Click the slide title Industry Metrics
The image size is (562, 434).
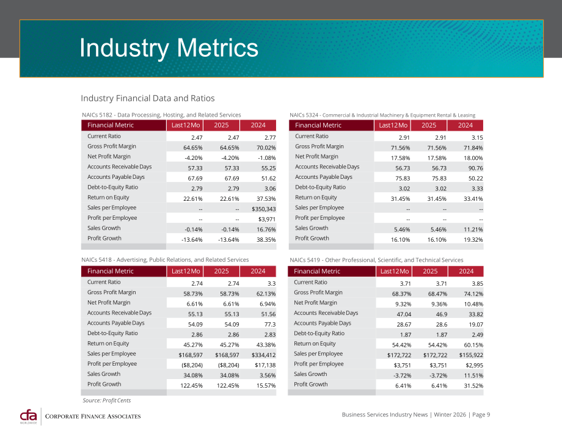point(169,48)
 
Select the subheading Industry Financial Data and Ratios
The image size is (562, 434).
point(148,98)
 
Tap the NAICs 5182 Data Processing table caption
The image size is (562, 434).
point(161,115)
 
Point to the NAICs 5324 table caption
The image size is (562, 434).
point(382,115)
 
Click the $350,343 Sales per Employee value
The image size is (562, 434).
point(263,209)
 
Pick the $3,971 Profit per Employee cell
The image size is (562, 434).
point(267,219)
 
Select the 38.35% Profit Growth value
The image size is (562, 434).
point(266,239)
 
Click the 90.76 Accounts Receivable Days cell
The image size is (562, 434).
point(475,168)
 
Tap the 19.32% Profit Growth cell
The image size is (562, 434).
point(473,239)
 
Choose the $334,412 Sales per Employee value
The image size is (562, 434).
point(263,355)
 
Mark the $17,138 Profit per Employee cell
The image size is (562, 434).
point(265,365)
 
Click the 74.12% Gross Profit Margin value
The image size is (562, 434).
point(473,294)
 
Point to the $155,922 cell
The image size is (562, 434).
point(471,355)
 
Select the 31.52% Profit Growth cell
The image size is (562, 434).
point(473,386)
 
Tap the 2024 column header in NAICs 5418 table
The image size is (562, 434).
point(258,271)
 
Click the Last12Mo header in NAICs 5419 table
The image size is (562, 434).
point(394,271)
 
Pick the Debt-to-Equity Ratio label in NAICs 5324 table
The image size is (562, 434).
point(321,187)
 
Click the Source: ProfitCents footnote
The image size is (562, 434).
point(107,400)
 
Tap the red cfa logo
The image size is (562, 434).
point(29,416)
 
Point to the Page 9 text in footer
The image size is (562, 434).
point(481,414)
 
